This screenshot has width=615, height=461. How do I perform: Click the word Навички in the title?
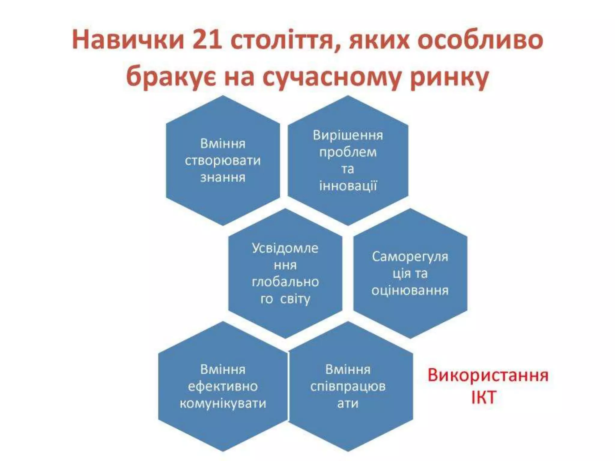[128, 40]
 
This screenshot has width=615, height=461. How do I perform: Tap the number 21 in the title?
[207, 40]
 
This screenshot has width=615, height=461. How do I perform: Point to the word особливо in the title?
[480, 40]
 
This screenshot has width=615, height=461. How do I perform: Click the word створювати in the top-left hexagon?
[223, 161]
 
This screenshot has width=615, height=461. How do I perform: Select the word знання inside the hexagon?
[223, 177]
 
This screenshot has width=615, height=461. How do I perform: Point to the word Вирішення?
[348, 135]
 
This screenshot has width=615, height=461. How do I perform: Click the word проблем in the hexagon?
[348, 152]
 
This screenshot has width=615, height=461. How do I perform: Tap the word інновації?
[348, 186]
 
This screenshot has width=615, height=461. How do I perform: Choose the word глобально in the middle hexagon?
[285, 282]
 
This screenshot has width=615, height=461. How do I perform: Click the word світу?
[295, 299]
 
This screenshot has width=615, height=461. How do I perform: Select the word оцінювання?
[410, 291]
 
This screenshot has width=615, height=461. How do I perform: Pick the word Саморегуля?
[410, 257]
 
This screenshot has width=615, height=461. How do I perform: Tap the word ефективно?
[223, 386]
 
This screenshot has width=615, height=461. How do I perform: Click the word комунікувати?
[223, 403]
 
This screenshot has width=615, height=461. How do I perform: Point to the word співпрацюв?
[348, 387]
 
